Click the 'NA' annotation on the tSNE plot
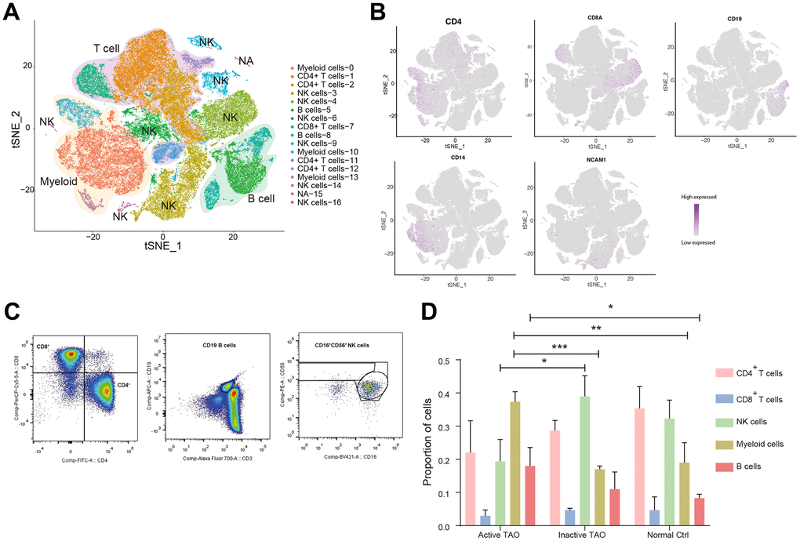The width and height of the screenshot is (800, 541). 245,60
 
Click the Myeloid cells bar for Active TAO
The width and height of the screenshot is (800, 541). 515,463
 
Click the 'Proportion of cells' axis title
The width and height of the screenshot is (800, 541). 429,444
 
